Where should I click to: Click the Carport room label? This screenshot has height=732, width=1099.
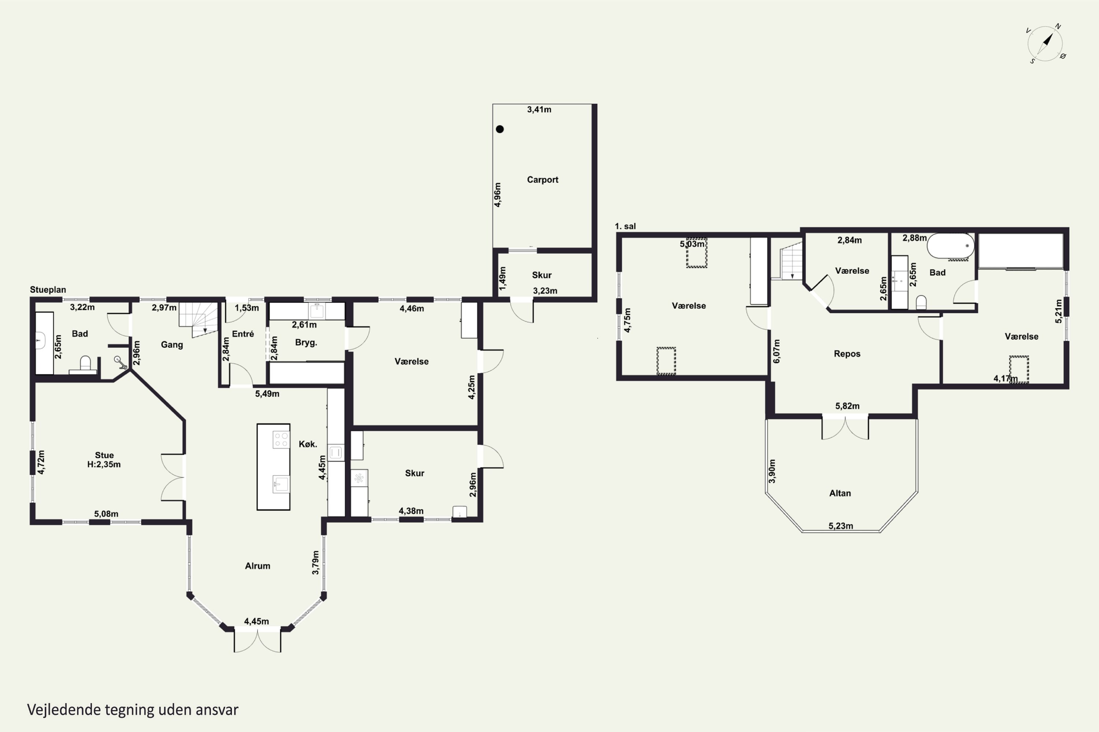pos(543,180)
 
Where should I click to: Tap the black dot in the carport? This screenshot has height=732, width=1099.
pos(500,129)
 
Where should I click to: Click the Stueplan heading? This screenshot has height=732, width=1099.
pos(48,290)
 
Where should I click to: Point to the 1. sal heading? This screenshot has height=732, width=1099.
pos(625,227)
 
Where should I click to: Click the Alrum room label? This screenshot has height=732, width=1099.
pos(258,566)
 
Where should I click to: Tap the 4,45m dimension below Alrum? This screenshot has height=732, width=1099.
pos(256,621)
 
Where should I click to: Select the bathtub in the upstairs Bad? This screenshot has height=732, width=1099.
pos(950,246)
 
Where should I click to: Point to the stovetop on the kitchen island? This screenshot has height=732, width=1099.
pos(281,439)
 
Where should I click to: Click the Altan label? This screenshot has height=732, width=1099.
pos(840,493)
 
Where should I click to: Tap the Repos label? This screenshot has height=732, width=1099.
pos(847,354)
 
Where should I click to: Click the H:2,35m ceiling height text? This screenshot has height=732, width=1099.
pos(104,464)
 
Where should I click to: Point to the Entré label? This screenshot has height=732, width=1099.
pos(243,334)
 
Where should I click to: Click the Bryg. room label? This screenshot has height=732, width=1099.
pos(306,343)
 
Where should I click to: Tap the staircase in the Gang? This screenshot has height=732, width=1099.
pos(199,319)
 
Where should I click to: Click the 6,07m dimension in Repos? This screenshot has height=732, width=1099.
pos(777,351)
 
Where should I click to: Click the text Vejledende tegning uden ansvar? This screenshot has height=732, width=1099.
pos(133,710)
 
